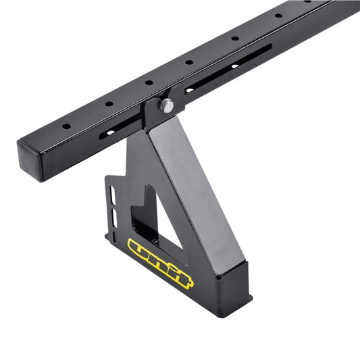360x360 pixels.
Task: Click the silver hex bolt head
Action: (166, 105)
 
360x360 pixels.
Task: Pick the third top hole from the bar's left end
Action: (149, 82)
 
